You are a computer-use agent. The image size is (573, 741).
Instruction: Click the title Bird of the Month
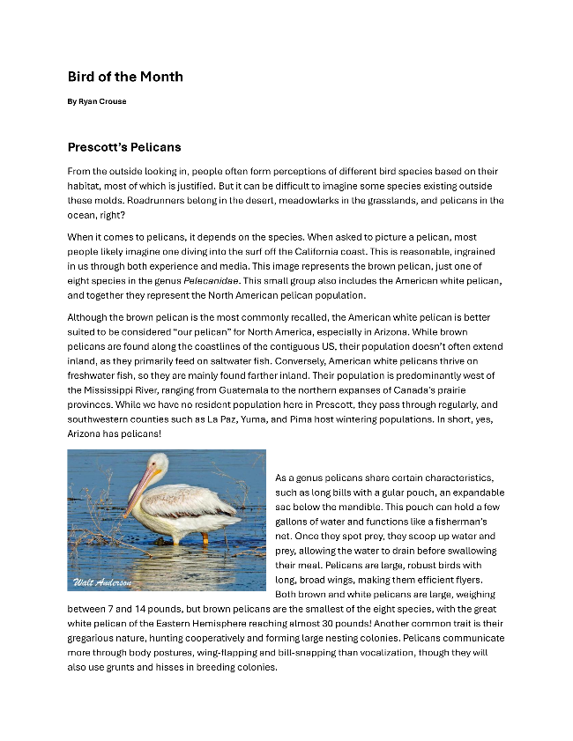[125, 77]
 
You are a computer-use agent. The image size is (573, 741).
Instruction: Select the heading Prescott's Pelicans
[124, 146]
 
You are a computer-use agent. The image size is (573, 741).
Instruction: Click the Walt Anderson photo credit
[102, 582]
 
